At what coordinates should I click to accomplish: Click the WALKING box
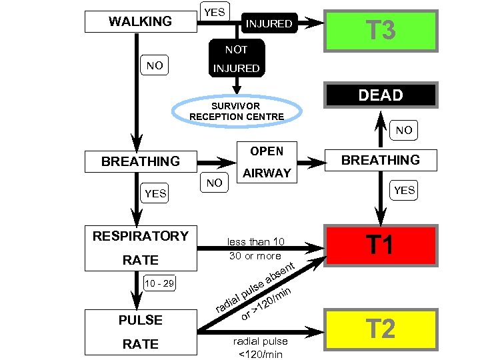click(x=140, y=21)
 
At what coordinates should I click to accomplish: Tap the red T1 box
click(x=380, y=246)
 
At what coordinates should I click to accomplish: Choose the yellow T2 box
click(x=380, y=329)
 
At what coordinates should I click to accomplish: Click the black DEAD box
click(x=380, y=95)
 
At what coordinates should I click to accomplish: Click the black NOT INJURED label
click(x=236, y=59)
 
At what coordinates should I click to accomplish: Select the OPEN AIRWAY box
click(x=266, y=162)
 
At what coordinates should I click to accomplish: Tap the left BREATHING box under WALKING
click(x=140, y=161)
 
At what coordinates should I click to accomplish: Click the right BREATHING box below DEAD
click(x=381, y=160)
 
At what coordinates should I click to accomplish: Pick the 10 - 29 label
click(x=159, y=284)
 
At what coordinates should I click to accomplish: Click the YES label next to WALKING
click(x=214, y=12)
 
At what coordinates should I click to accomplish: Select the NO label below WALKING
click(x=155, y=65)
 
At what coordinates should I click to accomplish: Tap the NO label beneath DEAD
click(x=403, y=130)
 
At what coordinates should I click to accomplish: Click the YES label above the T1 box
click(x=404, y=191)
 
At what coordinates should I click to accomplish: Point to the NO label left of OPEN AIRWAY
click(x=215, y=182)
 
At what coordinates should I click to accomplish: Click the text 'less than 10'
click(x=255, y=241)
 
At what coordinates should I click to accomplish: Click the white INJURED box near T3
click(x=269, y=23)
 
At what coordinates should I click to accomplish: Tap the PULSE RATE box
click(x=140, y=332)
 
